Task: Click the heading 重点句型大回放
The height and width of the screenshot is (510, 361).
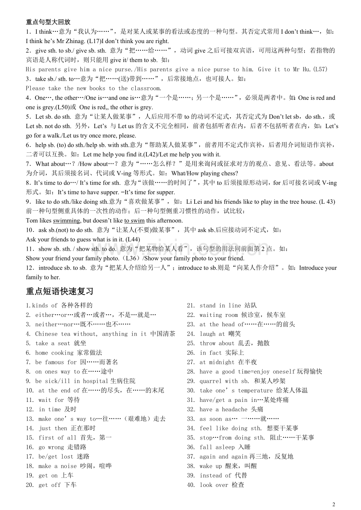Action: click(x=48, y=22)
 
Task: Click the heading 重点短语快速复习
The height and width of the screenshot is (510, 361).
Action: click(x=60, y=291)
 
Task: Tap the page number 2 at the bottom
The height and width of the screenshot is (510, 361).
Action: click(x=334, y=504)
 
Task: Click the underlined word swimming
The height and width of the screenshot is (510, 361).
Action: click(x=67, y=221)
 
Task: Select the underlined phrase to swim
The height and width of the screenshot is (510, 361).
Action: click(x=135, y=221)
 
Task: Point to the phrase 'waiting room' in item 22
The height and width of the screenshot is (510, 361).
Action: click(x=219, y=315)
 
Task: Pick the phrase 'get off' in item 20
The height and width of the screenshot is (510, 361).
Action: click(x=49, y=485)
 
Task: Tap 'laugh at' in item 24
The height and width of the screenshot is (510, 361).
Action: click(x=212, y=334)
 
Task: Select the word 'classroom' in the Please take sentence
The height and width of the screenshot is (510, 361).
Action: click(x=146, y=88)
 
